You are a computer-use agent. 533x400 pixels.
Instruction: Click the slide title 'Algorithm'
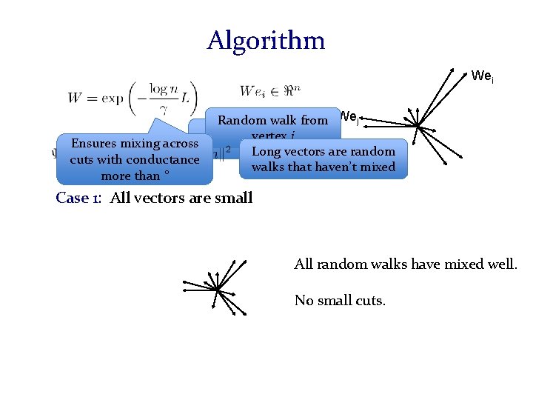266,40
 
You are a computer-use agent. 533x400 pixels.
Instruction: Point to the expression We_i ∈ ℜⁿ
270,91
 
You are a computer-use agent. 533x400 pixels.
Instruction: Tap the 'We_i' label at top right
482,76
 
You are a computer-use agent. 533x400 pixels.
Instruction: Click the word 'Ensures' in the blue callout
95,144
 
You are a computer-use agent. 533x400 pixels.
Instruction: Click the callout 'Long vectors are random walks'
324,159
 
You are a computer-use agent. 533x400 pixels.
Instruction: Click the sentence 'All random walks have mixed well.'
405,263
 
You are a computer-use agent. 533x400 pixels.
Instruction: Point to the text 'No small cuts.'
340,300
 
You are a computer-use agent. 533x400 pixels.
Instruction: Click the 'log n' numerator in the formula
164,87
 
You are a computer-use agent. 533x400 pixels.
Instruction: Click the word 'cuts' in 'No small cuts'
369,300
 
